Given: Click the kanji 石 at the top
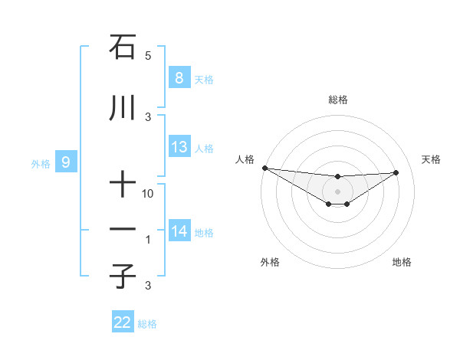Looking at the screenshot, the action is [123, 48].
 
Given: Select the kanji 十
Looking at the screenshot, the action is [123, 185].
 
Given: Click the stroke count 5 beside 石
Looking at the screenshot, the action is [148, 56].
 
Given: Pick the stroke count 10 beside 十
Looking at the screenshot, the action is [148, 194].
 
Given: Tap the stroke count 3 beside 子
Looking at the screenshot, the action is [148, 286].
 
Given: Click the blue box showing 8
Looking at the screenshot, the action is [179, 77].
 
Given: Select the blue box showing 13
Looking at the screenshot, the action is [179, 147].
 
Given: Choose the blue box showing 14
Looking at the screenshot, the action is [179, 231].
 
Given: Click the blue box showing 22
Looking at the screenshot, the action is [123, 322].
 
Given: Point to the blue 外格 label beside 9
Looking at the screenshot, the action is [41, 163].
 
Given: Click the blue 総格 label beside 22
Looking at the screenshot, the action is [147, 324].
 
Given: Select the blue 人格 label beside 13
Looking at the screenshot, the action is [204, 149].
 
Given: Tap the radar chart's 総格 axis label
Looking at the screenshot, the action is [338, 100].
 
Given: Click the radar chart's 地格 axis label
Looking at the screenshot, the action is [402, 262].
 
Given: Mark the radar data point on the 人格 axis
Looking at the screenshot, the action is [264, 168].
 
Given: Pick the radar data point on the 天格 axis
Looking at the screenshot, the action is [396, 172].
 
